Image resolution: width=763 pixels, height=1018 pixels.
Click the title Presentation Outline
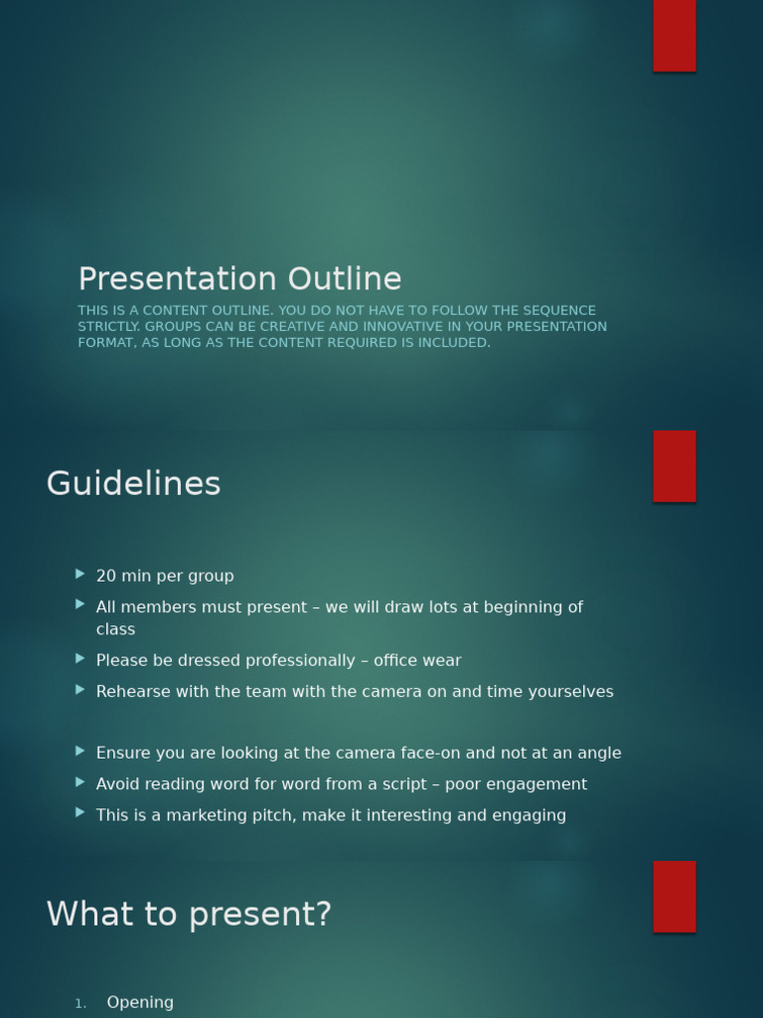coord(239,279)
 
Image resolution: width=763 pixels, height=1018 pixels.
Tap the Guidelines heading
coord(133,484)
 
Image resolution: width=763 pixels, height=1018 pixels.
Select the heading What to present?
coord(189,915)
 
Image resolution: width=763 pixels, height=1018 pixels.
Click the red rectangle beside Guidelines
coord(675,466)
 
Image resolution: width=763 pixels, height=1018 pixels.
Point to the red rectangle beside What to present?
coord(675,897)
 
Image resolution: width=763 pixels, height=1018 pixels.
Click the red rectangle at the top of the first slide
coord(675,35)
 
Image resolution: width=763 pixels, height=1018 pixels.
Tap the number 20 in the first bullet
coord(105,577)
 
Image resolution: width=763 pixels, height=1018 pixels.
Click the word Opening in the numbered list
coord(140,1002)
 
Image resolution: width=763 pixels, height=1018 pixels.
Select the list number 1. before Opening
coord(80,1004)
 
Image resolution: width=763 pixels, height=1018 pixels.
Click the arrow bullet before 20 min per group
coord(80,574)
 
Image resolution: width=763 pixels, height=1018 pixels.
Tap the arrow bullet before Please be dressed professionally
coord(80,658)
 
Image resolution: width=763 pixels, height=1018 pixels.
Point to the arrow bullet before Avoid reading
coord(80,781)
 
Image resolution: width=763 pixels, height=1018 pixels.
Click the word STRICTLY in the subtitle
coord(108,327)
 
